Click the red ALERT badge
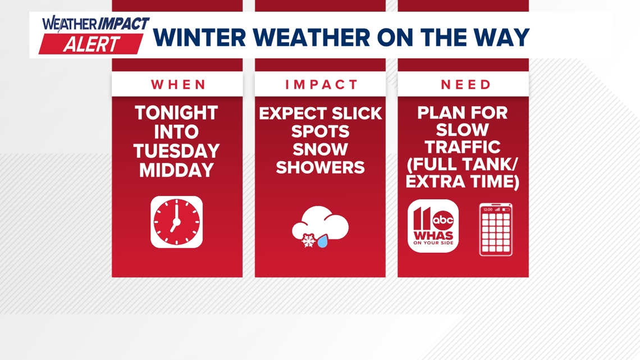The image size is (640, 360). (91, 44)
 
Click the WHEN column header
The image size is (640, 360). (177, 85)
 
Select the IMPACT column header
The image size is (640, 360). (321, 85)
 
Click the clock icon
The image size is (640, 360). (177, 222)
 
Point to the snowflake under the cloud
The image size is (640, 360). (308, 240)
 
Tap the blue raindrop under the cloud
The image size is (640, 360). (322, 241)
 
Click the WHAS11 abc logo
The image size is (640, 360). (433, 226)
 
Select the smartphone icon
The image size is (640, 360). (496, 229)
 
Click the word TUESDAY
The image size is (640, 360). (177, 151)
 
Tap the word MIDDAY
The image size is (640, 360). (177, 170)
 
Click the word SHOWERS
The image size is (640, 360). (321, 167)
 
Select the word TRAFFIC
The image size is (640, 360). (463, 148)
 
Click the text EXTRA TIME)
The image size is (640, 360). (463, 183)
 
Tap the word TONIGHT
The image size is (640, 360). (177, 113)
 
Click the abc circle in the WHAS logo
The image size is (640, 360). (443, 220)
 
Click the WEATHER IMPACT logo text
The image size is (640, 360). (95, 24)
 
